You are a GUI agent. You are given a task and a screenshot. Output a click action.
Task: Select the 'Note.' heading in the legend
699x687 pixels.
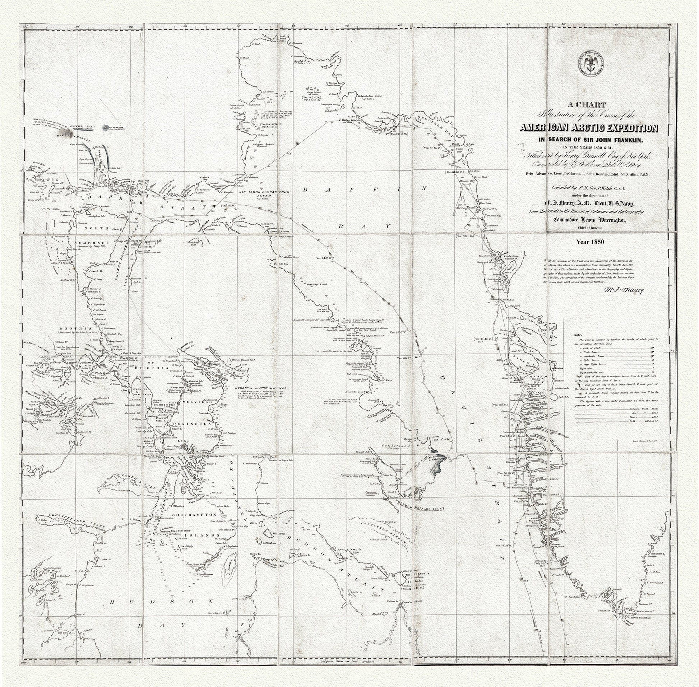point(578,335)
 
